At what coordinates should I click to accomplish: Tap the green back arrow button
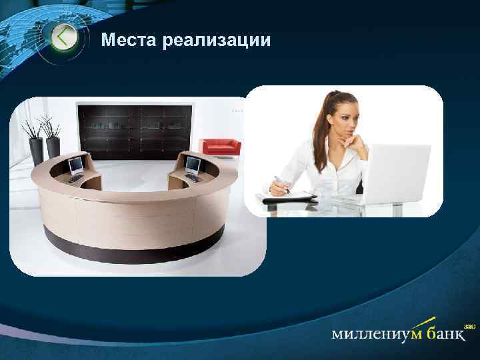point(63,37)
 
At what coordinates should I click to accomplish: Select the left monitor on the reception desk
point(77,162)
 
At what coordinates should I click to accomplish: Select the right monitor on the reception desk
point(193,163)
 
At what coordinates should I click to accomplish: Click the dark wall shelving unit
point(137,129)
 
